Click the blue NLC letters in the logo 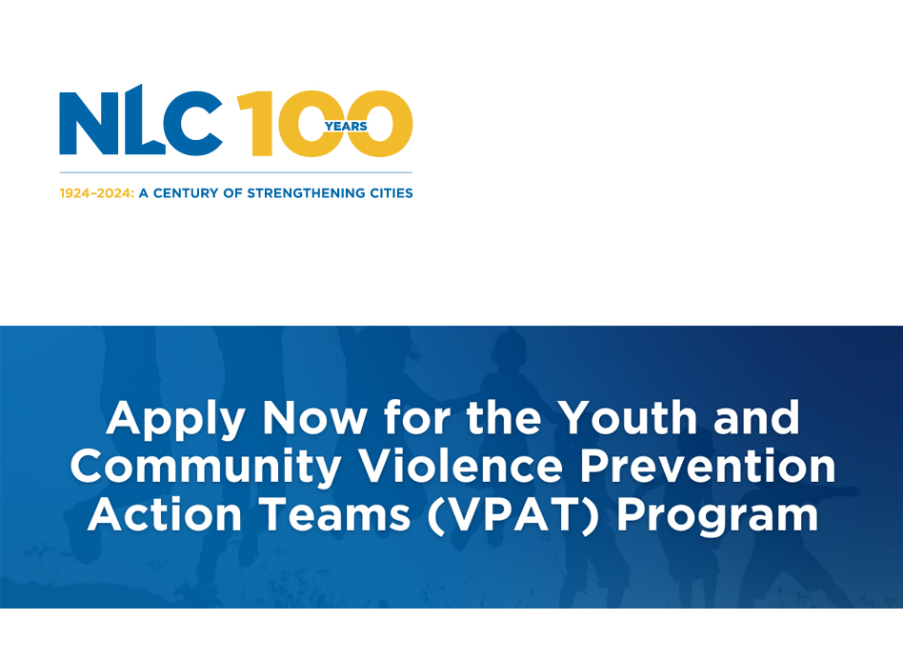pos(141,121)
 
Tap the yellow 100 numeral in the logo pos(325,123)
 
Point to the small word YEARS pos(346,126)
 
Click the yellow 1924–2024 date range pos(96,193)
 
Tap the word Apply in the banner pos(176,420)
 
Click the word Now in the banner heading pos(315,417)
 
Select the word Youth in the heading pos(629,417)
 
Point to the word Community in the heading pos(205,469)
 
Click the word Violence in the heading pos(461,466)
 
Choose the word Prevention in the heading pos(708,466)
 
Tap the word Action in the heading pos(165,514)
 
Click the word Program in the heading pos(717,517)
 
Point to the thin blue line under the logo pos(236,172)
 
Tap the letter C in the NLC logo pos(193,123)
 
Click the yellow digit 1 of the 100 pos(255,123)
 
